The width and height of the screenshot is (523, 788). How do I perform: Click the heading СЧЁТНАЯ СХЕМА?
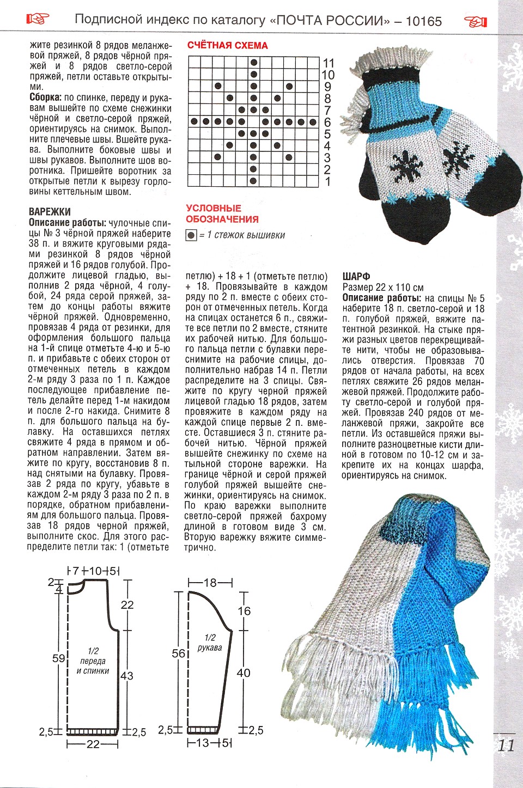point(227,45)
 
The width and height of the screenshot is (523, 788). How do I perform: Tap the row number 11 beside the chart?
point(328,63)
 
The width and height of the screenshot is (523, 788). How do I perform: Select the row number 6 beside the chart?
point(327,123)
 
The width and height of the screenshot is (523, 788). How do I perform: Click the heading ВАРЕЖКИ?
point(50,212)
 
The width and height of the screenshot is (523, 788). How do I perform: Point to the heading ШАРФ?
point(356,277)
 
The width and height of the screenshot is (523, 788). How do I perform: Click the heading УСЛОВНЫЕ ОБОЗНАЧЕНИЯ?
point(222,213)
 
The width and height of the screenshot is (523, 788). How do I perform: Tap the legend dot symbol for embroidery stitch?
point(191,236)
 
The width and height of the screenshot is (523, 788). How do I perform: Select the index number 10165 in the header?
point(423,21)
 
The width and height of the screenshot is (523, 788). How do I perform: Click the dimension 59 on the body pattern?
point(59,658)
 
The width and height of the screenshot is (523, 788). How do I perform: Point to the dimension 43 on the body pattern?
point(126,676)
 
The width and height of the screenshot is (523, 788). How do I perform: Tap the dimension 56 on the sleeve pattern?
point(179,653)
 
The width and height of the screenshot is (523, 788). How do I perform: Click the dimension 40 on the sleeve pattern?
point(244,673)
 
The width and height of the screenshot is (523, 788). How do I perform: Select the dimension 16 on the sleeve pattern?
point(244,611)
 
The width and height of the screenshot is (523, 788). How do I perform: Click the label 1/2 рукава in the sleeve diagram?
point(210,643)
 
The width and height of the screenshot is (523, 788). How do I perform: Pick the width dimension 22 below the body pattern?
point(93,744)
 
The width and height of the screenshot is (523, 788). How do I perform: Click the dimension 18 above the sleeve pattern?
point(210,583)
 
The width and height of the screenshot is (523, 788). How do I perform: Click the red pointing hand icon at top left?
point(38,20)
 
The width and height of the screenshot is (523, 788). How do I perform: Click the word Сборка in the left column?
point(45,98)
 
